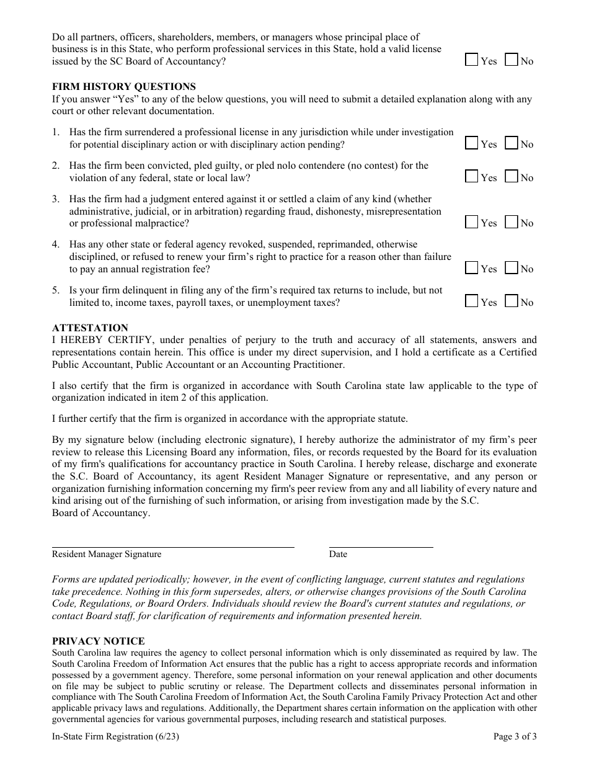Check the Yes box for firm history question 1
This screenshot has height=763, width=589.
pos(472,143)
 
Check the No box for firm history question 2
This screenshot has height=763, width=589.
pos(511,177)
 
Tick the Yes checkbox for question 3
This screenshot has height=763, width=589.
pos(472,222)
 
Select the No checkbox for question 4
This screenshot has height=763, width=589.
pos(511,268)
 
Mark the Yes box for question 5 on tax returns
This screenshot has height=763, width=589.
pos(472,301)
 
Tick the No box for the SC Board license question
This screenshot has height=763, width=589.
pos(511,60)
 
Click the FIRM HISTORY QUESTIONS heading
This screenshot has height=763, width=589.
pos(123,87)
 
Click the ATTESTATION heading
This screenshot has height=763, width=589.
pos(90,328)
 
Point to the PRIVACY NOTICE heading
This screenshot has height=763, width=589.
pos(98,641)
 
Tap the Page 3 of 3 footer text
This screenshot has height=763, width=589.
pos(515,737)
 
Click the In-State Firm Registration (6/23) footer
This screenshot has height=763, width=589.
pos(108,737)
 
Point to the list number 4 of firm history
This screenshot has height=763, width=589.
pos(55,244)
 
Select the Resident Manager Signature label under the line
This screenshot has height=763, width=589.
pos(107,554)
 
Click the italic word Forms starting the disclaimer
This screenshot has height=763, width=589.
pos(65,579)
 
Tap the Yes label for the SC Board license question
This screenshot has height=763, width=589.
pos(489,61)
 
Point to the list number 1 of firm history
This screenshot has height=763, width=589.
pos(55,132)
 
